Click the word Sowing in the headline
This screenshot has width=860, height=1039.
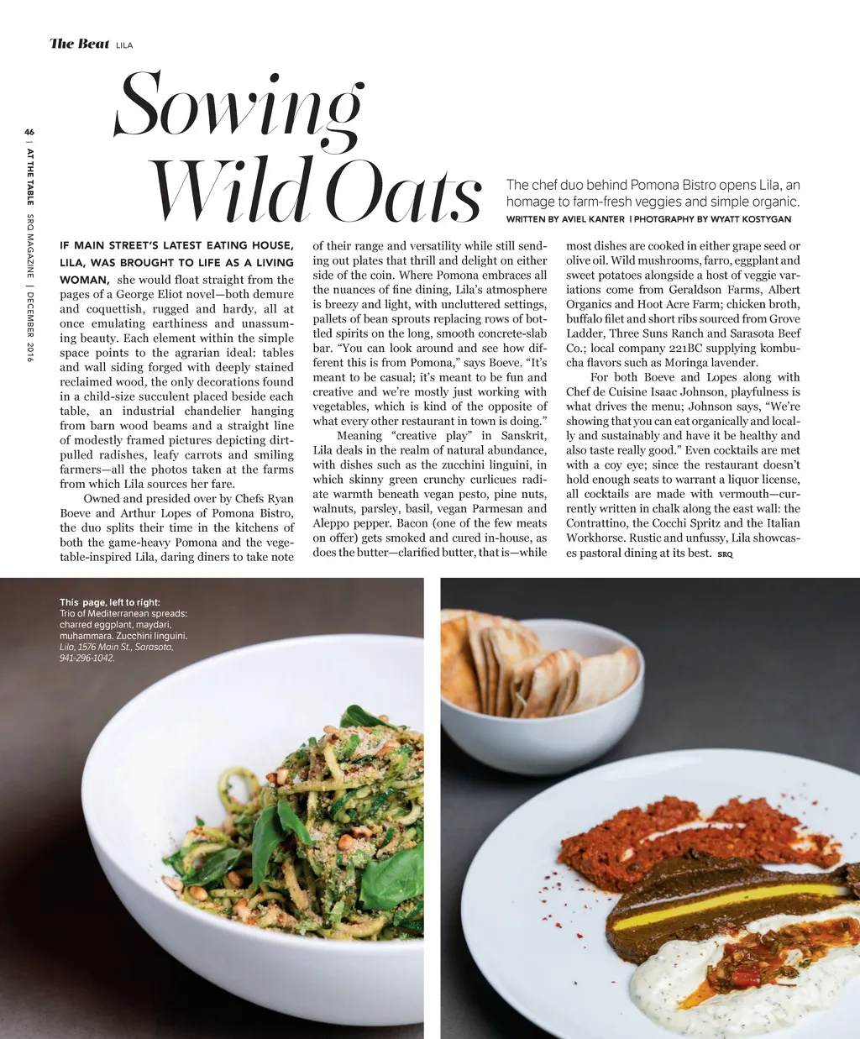239,105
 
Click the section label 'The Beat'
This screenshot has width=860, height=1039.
80,44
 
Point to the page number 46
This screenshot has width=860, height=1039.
29,132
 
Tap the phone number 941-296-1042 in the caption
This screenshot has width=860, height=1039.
87,659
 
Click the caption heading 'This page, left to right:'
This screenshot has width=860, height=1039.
110,602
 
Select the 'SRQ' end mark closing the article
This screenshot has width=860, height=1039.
725,555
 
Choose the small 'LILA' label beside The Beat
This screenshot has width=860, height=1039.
124,45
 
